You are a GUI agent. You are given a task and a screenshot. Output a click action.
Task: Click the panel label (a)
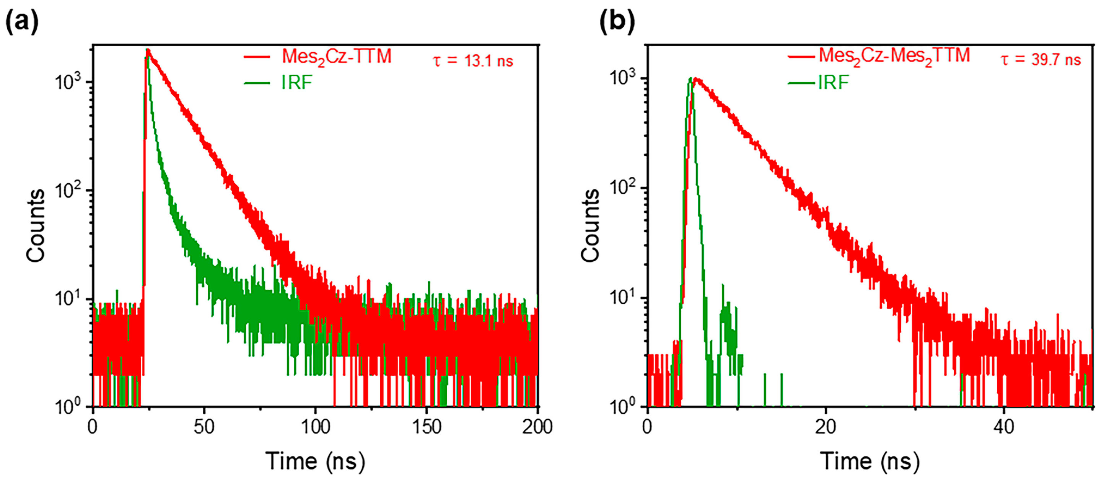click(22, 21)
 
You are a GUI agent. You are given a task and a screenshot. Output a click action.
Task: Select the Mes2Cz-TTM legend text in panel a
click(336, 57)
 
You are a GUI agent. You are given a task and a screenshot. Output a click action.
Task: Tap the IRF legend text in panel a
click(296, 82)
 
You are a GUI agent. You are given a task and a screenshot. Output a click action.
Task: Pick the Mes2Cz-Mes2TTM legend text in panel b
click(894, 56)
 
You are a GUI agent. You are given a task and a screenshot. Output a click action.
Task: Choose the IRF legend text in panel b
click(833, 82)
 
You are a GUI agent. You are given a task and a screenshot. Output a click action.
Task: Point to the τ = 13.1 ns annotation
click(473, 61)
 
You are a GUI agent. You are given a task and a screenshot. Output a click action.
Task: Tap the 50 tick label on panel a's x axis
click(204, 427)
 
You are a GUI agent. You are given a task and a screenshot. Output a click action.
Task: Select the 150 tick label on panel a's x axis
click(427, 427)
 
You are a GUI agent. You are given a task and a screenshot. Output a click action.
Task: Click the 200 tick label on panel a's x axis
click(537, 427)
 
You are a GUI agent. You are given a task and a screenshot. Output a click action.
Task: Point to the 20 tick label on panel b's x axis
click(826, 427)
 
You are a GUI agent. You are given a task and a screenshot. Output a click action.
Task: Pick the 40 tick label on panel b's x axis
click(1003, 427)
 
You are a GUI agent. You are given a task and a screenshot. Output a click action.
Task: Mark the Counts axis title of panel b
click(590, 225)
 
